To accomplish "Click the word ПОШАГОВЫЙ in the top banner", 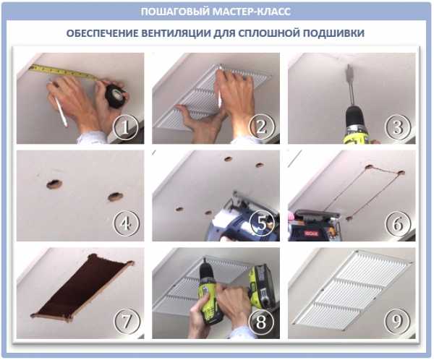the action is tap(175, 12).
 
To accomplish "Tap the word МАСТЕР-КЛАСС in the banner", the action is tap(252, 12).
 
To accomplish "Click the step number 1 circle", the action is tap(125, 127).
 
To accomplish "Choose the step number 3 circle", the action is tap(398, 127).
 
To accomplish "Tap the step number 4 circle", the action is tap(125, 223).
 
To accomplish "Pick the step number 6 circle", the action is tap(398, 223).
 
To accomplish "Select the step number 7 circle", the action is tap(125, 321).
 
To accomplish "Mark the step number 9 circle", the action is tap(398, 321).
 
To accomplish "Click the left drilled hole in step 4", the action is tap(54, 184).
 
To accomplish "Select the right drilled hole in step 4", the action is tap(116, 197).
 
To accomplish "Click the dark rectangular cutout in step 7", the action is tap(82, 288).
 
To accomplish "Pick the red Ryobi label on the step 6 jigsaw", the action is tap(311, 233).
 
